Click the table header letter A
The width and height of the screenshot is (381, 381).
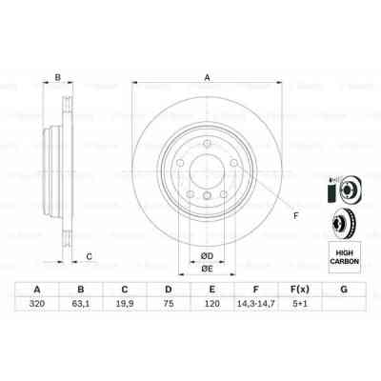[37, 290]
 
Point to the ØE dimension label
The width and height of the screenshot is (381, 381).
[206, 269]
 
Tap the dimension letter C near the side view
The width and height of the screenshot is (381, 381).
[89, 255]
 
